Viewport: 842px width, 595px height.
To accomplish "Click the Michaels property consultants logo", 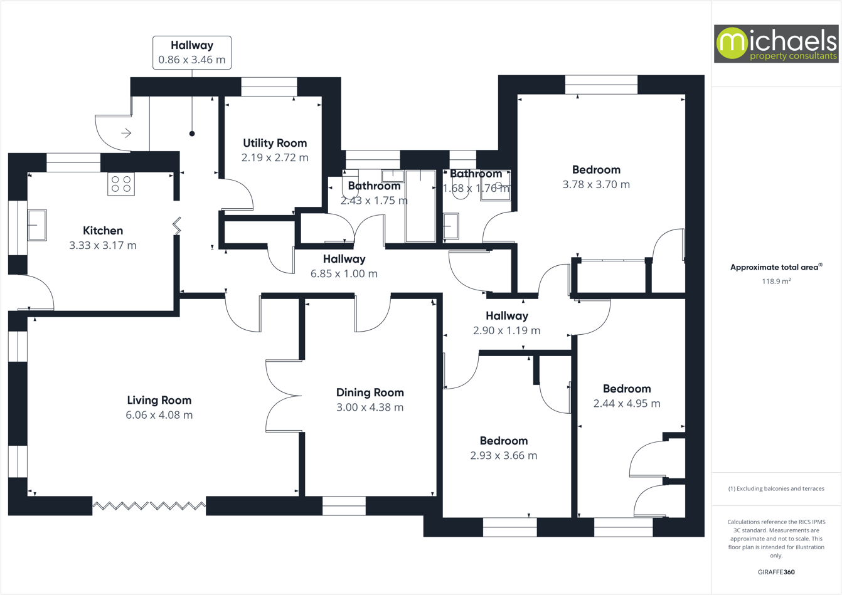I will click(775, 43).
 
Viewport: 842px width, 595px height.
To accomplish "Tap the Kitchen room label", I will click(103, 231).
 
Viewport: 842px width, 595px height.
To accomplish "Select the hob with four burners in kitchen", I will click(121, 184).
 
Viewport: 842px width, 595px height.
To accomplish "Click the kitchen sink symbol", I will click(37, 224).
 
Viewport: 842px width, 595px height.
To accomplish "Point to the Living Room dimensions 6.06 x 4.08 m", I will click(159, 415).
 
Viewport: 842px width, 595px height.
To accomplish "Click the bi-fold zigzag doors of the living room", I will click(149, 505).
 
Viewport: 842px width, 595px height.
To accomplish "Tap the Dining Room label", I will click(370, 392).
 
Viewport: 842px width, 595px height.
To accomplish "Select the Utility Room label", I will click(275, 143).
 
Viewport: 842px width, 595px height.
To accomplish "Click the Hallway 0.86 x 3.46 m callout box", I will click(192, 53).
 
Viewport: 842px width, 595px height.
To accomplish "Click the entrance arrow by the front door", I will click(126, 133).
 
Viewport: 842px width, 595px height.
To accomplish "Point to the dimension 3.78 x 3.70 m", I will click(596, 184).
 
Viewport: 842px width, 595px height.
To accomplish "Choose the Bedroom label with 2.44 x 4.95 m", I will click(626, 389).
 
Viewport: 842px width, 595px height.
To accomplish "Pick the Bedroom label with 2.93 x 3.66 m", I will click(503, 441).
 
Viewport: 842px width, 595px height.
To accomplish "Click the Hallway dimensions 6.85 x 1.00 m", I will click(344, 273).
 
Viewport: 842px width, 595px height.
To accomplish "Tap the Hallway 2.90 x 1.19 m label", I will click(506, 316).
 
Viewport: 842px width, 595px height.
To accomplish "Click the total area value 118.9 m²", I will click(776, 282).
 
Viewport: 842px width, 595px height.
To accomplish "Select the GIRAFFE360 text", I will click(776, 572).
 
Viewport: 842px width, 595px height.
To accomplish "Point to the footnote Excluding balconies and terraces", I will click(776, 488).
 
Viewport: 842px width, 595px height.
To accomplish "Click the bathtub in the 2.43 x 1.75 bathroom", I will click(420, 206).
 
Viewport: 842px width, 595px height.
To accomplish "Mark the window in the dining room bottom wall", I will click(344, 506).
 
